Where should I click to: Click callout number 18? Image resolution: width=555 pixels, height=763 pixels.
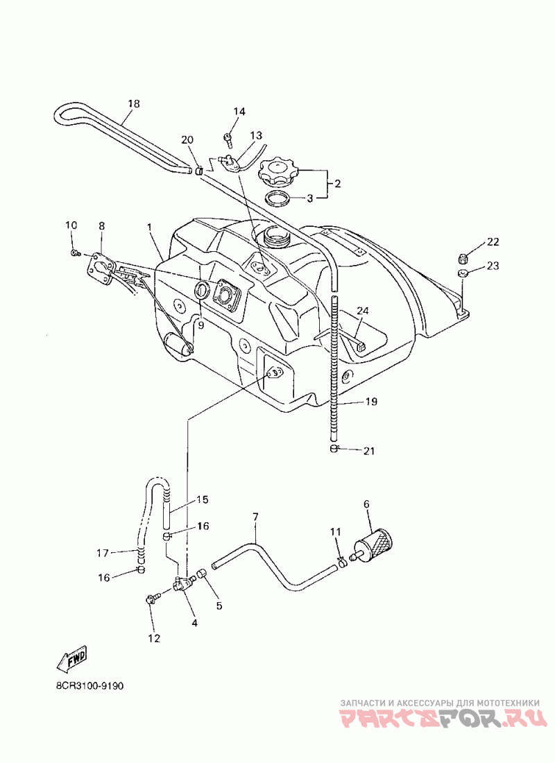coord(133,103)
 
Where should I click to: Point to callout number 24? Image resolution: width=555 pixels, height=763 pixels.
coord(363,310)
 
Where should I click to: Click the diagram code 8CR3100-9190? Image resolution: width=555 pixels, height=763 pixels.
coord(89,686)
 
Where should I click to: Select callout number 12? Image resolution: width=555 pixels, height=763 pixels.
coord(154,638)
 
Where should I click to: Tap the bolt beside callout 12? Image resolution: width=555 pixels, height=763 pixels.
coord(151,599)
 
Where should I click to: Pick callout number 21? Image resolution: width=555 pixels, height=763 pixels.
coord(369,451)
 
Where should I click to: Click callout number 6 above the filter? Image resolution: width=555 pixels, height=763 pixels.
coord(367,504)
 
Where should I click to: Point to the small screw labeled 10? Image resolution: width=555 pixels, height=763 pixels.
coord(75,252)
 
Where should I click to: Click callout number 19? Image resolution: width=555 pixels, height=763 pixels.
coord(371,402)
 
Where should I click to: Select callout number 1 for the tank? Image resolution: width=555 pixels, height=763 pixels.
coord(150,227)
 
